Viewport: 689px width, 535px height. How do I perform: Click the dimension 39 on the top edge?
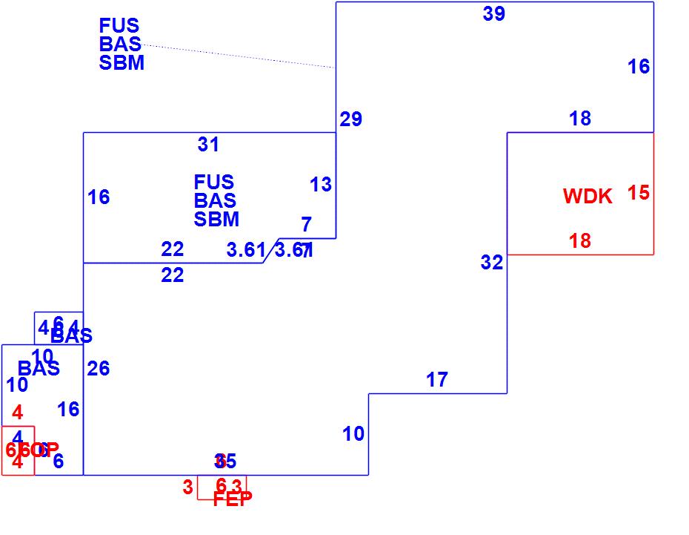coord(494,13)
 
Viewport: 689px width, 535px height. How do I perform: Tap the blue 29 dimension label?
coord(350,119)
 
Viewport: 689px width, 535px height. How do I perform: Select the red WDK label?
coord(588,197)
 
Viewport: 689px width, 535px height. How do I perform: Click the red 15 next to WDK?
coord(638,193)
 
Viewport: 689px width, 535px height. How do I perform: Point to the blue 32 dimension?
coord(491,263)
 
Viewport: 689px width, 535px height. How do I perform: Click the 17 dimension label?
coord(437,381)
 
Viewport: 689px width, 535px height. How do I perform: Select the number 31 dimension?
coord(208,145)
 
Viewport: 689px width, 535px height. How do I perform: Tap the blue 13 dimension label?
coord(321,185)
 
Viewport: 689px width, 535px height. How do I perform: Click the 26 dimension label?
coord(98,369)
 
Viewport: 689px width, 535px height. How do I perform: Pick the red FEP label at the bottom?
coord(233,499)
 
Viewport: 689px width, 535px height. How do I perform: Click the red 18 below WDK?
coord(580,241)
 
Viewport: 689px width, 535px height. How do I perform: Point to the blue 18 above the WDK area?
coord(580,119)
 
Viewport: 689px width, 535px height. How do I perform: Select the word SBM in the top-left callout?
coord(122,63)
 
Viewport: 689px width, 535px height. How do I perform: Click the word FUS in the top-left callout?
coord(119,27)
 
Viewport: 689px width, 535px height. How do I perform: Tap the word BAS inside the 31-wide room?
coord(215,200)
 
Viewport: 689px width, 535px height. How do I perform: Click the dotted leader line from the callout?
coord(237,56)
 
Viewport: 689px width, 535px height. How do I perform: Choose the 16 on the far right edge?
coord(638,67)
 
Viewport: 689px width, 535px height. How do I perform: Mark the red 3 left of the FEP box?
coord(187,488)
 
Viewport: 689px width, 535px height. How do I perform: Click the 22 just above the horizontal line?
coord(172,249)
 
